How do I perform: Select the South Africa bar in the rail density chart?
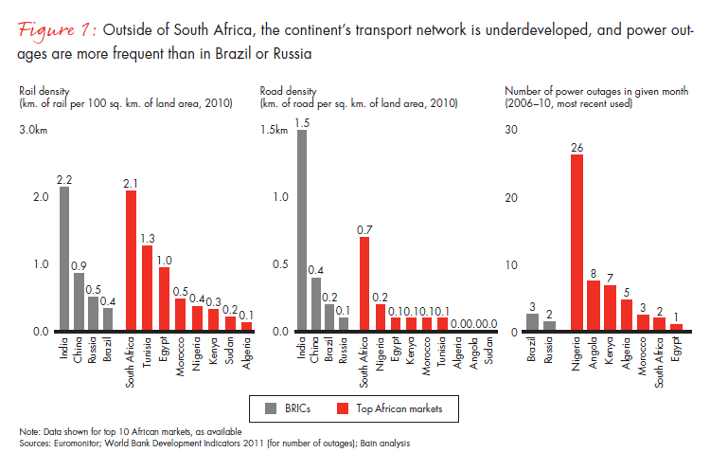[131, 261]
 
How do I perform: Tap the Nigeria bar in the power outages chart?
[577, 243]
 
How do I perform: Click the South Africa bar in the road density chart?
[364, 283]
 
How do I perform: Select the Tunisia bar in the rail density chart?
[147, 288]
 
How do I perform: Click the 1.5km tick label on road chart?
[277, 129]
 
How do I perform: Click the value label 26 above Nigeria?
[577, 147]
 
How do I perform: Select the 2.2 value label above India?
[64, 179]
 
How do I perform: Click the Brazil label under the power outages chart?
[532, 350]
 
